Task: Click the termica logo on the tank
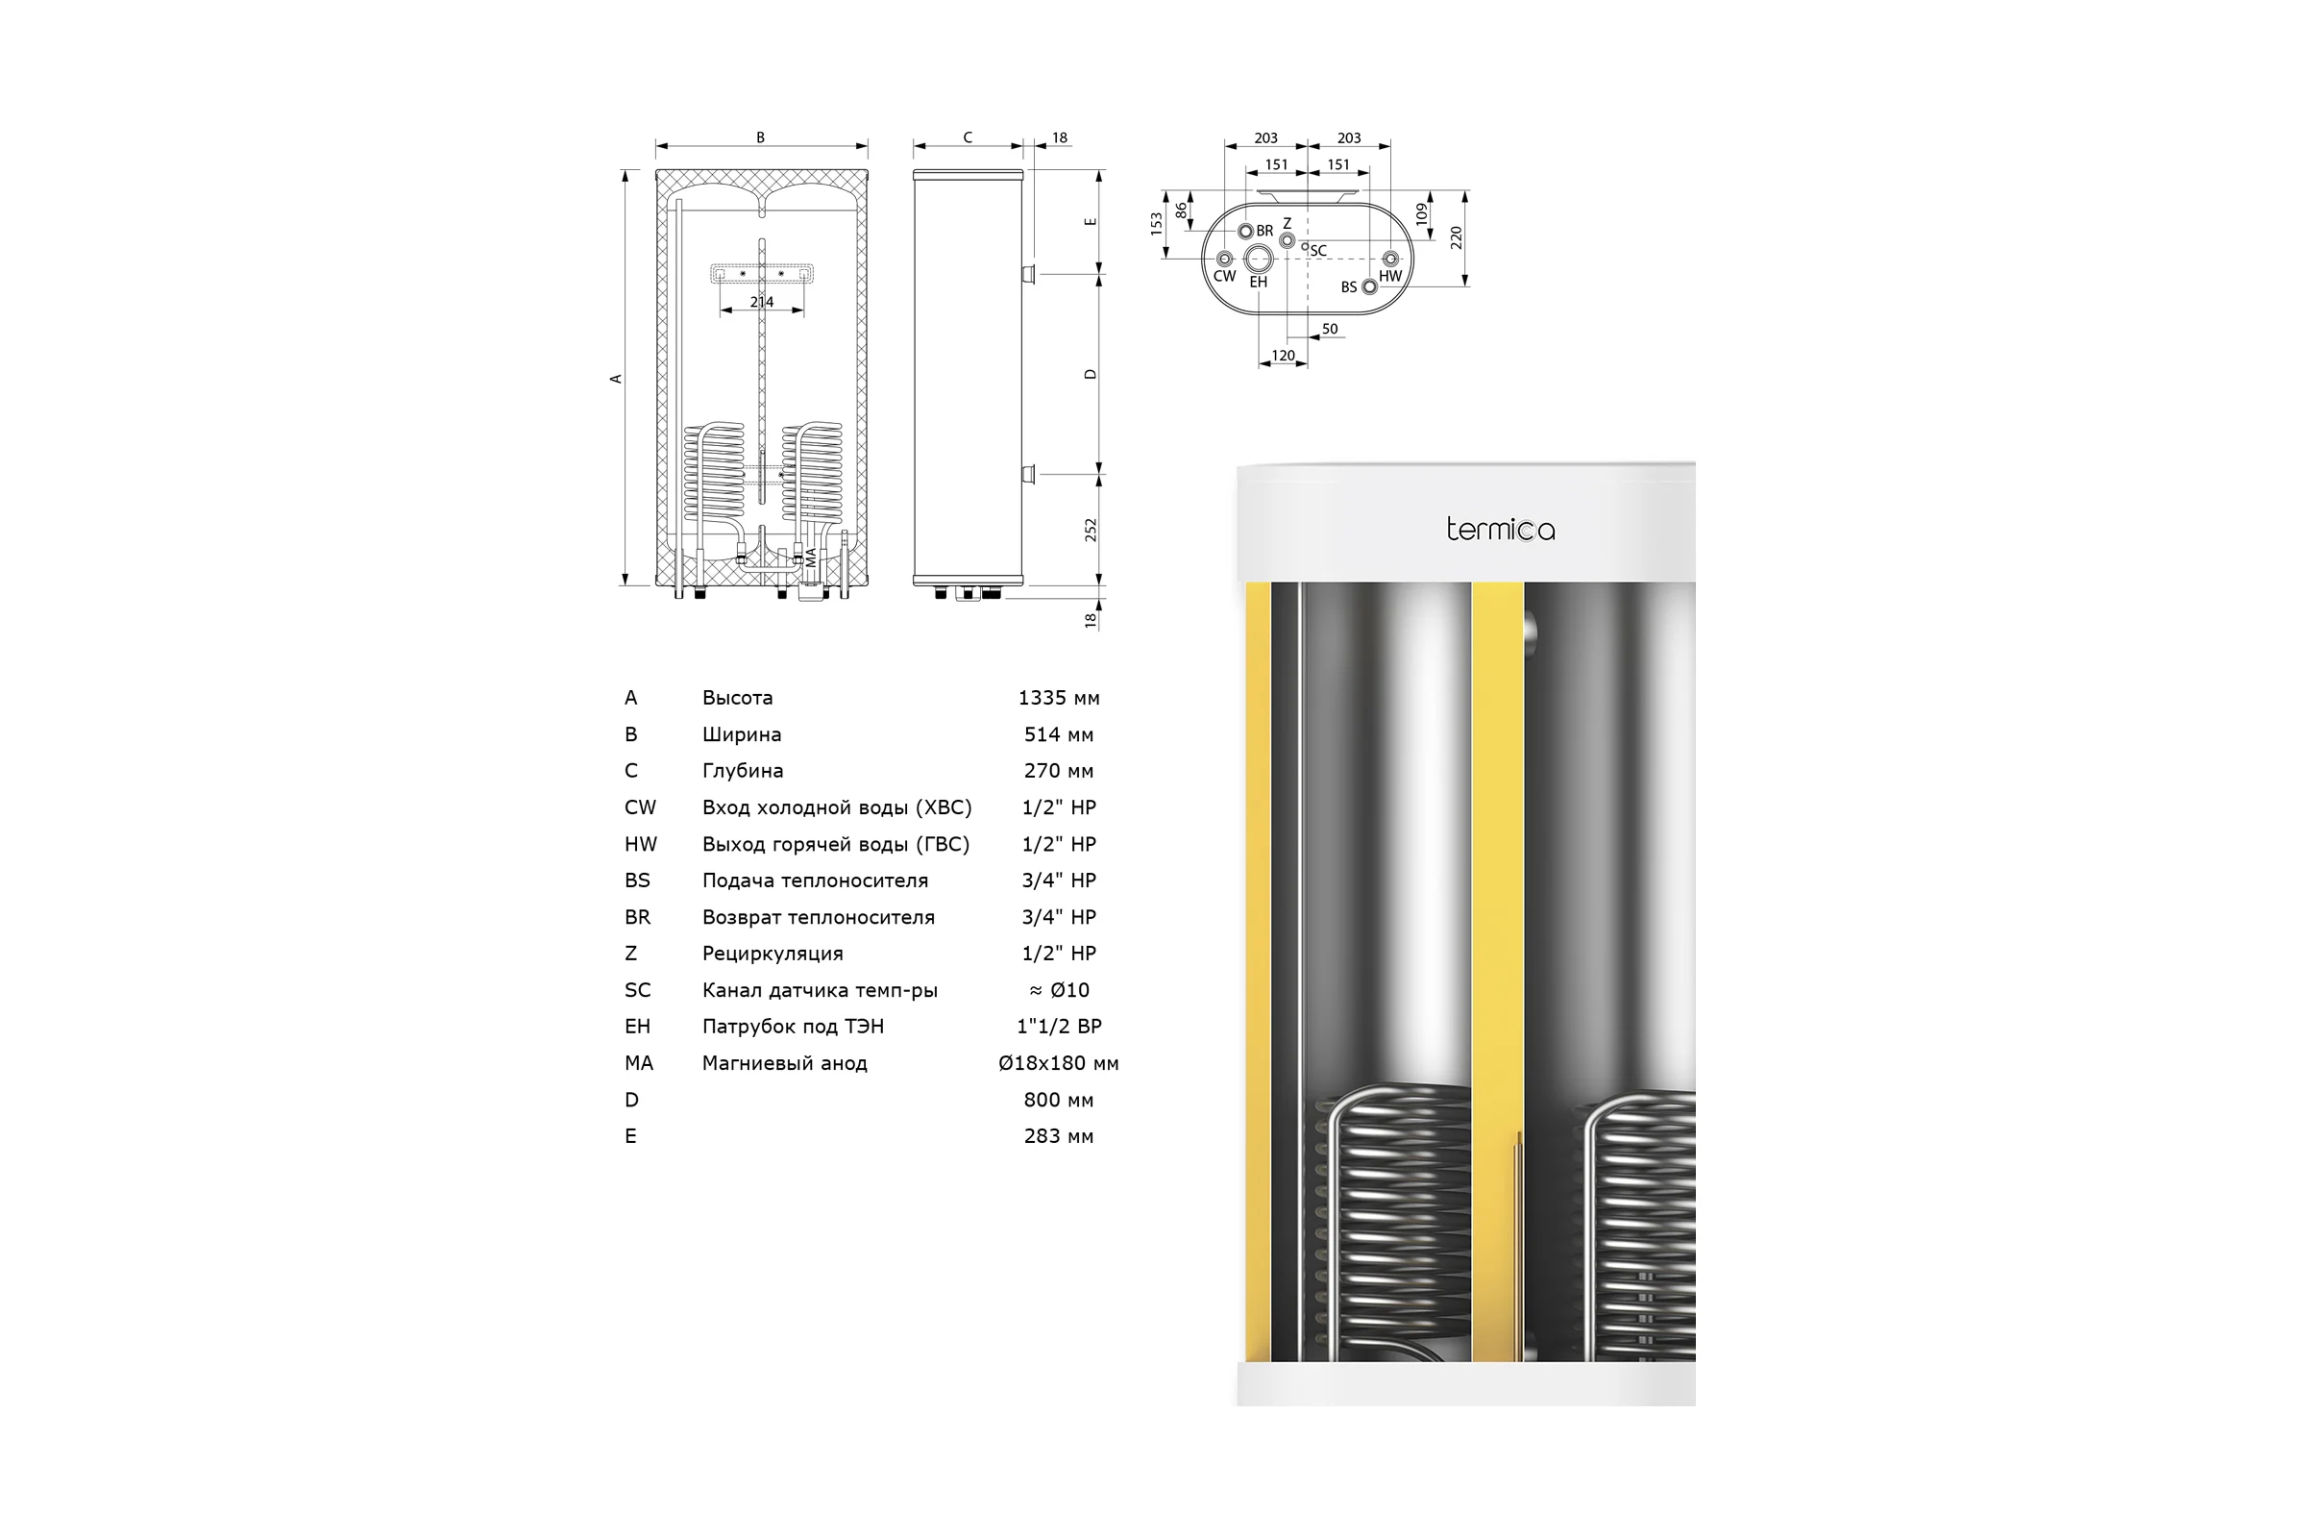[x=1500, y=530]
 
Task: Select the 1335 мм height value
[x=1059, y=699]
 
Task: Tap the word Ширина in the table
[x=741, y=734]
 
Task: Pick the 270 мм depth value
[x=1059, y=771]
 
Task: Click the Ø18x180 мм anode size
[x=1059, y=1063]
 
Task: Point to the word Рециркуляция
[x=773, y=955]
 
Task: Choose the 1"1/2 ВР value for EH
[x=1059, y=1027]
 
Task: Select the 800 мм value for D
[x=1059, y=1101]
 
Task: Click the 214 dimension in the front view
[x=762, y=302]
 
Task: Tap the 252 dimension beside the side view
[x=1091, y=530]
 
